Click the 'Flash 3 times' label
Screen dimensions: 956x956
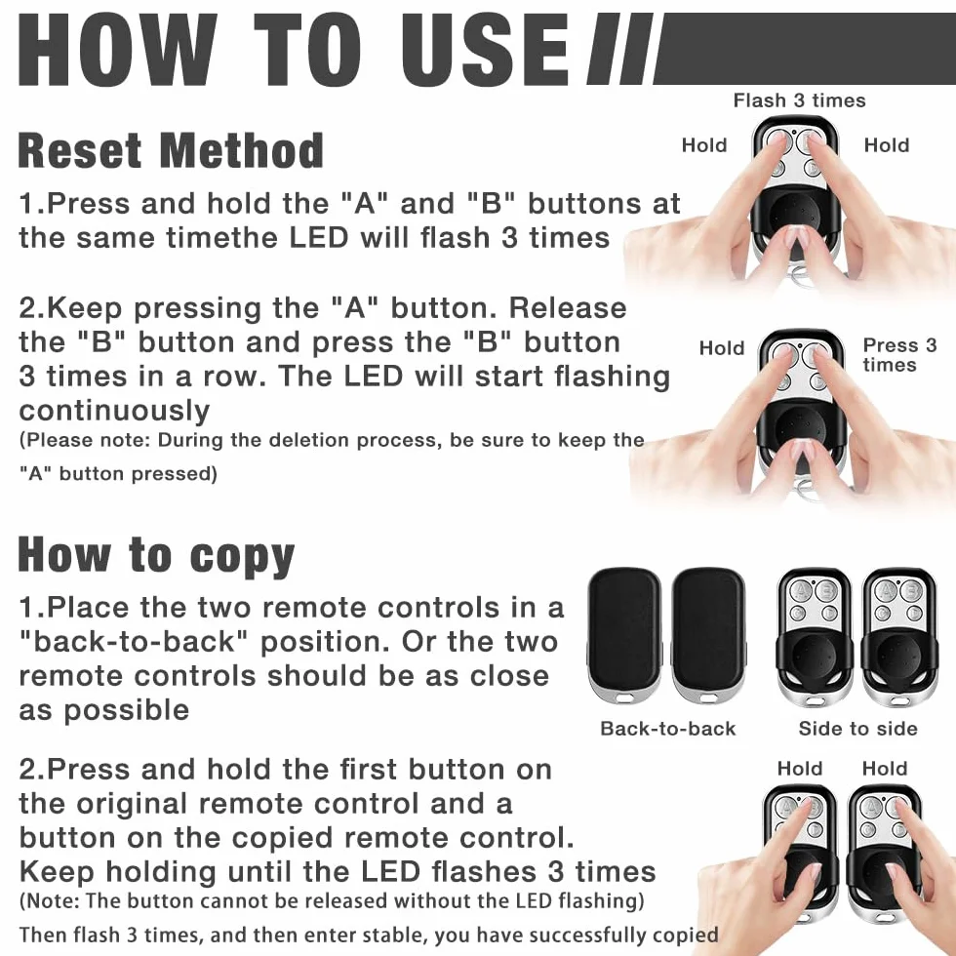(x=799, y=100)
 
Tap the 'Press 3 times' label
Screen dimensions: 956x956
(x=899, y=355)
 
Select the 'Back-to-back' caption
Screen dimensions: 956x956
(x=667, y=728)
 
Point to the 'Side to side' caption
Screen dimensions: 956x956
(x=857, y=728)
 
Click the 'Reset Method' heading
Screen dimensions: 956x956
(x=171, y=150)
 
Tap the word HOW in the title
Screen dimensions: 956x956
(x=118, y=49)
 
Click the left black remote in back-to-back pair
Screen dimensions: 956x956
(x=624, y=637)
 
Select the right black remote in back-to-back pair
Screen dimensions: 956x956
(x=708, y=637)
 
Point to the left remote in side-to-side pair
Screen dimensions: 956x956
(x=814, y=637)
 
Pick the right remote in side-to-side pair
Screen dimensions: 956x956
(x=898, y=637)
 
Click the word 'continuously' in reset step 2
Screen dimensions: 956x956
(x=115, y=411)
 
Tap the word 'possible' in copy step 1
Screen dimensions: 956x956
(x=127, y=711)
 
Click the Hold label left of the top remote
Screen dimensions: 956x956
(x=704, y=145)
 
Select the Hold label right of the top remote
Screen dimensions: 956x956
(x=887, y=145)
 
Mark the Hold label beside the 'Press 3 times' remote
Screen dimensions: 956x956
(x=722, y=348)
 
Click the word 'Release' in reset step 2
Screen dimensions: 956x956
(x=568, y=308)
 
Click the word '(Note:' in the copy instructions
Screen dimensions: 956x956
(x=50, y=901)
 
